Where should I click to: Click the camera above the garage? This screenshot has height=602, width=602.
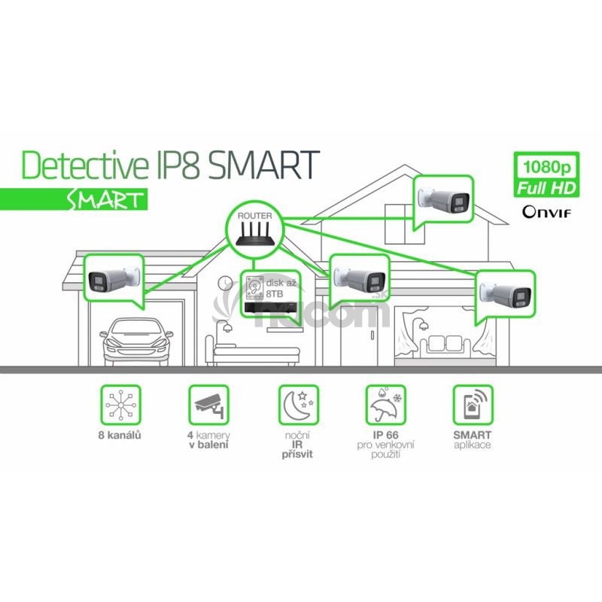[112, 279]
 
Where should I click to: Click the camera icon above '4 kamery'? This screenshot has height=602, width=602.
[207, 406]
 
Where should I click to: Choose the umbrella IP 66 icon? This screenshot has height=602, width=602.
[385, 406]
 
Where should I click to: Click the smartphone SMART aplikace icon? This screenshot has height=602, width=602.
[473, 406]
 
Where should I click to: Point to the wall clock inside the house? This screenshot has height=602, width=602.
[224, 283]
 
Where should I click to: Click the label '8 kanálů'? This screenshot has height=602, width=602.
[122, 436]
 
